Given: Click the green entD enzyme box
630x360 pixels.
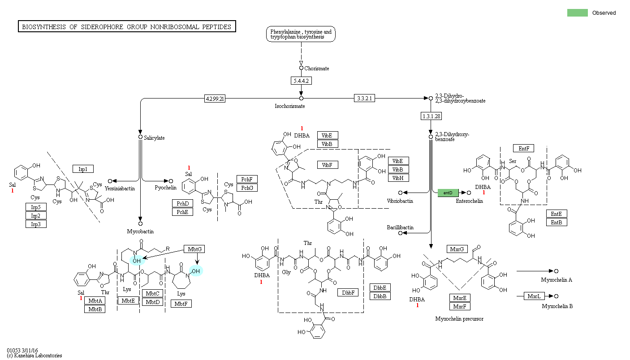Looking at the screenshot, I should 448,193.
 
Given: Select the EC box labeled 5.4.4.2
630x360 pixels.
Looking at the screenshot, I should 301,81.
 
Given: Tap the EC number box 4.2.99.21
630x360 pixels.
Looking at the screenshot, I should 215,98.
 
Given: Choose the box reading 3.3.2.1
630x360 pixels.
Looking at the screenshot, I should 364,98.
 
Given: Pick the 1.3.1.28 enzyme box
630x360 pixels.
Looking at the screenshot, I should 431,116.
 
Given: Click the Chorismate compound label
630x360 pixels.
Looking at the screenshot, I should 317,69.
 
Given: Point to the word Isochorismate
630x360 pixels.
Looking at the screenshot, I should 289,106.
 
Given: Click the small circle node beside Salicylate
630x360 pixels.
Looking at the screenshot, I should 140,137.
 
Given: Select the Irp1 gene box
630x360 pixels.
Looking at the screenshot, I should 83,169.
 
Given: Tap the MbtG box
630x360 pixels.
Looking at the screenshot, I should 194,249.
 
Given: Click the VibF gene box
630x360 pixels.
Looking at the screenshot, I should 328,165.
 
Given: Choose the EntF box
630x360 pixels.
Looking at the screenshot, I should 524,148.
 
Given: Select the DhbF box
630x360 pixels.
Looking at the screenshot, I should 348,292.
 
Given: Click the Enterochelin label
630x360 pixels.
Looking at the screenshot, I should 469,201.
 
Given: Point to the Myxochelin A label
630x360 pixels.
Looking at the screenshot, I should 556,280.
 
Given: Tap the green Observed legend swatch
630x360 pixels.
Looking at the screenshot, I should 577,13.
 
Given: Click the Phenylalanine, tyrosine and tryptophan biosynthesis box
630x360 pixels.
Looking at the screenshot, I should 301,34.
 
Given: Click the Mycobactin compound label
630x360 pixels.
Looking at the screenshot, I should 140,231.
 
